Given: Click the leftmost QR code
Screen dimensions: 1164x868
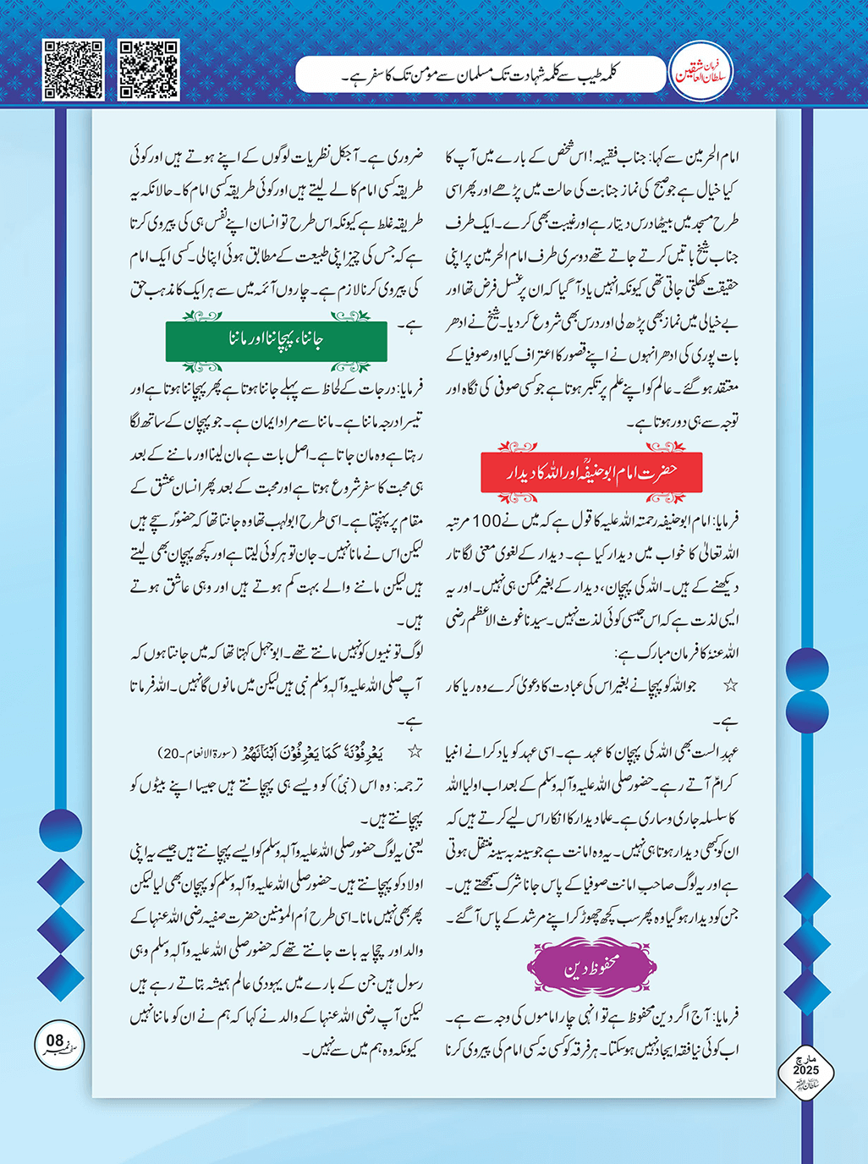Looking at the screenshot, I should (73, 69).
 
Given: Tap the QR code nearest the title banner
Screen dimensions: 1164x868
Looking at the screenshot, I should (148, 69).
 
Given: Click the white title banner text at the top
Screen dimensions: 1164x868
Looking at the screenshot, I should (479, 76).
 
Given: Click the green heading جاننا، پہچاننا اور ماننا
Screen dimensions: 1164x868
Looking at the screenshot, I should (276, 340).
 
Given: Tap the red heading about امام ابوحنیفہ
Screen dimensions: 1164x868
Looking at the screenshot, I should (591, 472).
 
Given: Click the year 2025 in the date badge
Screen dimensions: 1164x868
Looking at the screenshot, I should (805, 1071).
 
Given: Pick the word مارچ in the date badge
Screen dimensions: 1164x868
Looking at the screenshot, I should (805, 1060).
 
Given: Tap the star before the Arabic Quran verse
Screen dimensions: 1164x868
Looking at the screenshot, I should (415, 751).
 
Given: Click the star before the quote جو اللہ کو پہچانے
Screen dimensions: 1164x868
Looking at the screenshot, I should (729, 686).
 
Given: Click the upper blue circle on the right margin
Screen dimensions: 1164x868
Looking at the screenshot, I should (806, 670).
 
